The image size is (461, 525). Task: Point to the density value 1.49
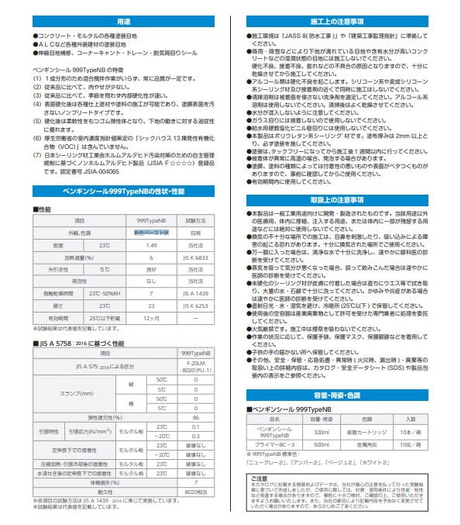(x=152, y=244)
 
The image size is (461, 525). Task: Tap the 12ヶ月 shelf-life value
(x=152, y=318)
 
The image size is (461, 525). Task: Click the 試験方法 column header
(x=195, y=221)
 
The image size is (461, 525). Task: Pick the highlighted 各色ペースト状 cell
(x=152, y=233)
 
